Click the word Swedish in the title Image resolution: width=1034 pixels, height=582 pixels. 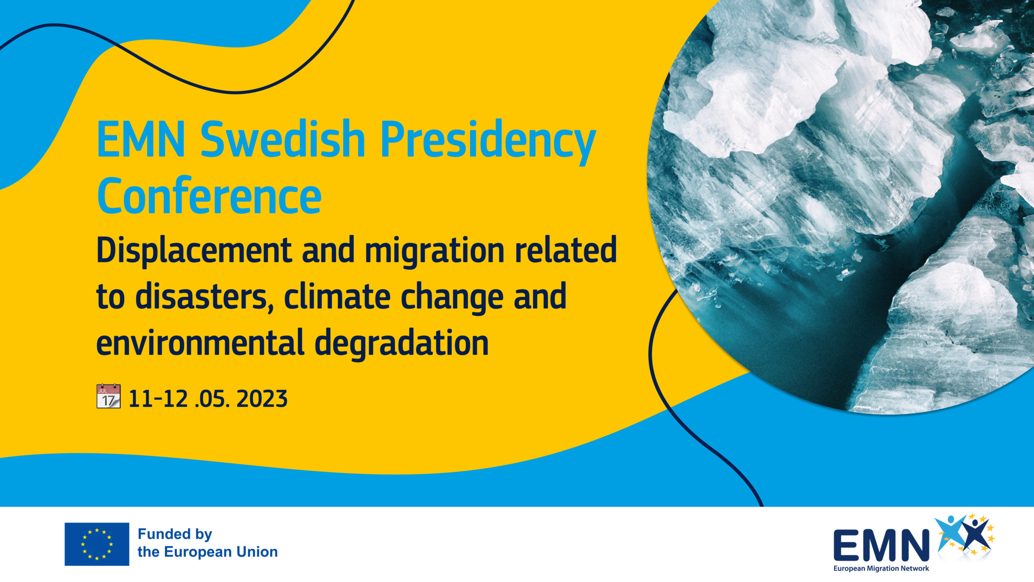tap(283, 139)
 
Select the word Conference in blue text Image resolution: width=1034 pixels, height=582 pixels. tap(209, 196)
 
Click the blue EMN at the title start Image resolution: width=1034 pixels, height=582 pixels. tap(141, 139)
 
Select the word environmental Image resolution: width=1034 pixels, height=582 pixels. tap(200, 343)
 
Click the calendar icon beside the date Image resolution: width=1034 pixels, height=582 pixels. tap(109, 396)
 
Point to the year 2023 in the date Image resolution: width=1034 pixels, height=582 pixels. tap(262, 399)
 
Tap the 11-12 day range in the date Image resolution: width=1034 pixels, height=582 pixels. tap(158, 399)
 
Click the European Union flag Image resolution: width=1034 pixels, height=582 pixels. tap(97, 544)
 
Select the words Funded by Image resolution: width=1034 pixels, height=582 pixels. tap(175, 534)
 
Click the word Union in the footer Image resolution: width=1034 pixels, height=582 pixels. tap(257, 552)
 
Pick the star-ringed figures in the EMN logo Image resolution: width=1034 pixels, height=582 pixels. tap(965, 534)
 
